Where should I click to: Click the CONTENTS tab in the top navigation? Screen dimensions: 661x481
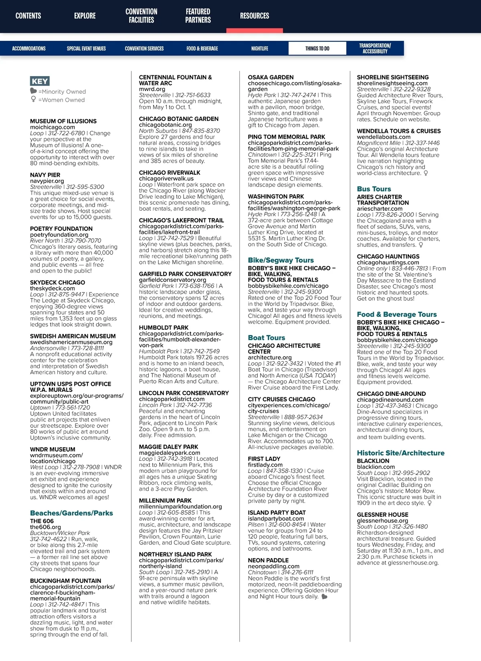28,16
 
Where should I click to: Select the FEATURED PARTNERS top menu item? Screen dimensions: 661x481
198,16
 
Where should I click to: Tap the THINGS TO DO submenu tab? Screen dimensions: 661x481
317,48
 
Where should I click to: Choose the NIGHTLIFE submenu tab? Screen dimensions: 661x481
260,48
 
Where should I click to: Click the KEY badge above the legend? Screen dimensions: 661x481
40,81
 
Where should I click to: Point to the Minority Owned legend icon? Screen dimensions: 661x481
34,91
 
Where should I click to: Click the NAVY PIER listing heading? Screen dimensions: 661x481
45,175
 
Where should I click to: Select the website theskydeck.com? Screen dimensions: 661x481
52,288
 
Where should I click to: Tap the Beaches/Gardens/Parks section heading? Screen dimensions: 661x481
71,513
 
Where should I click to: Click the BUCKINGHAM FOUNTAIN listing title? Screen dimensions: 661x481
65,581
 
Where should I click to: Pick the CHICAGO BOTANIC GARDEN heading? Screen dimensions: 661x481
179,119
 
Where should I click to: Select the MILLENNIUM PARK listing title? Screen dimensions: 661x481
165,501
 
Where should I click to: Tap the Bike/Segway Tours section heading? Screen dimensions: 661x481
281,260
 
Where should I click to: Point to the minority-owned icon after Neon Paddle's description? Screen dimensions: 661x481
324,597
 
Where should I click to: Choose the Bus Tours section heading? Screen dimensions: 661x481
374,189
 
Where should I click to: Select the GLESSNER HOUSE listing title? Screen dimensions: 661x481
382,515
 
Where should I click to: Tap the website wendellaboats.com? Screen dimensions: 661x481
384,137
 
